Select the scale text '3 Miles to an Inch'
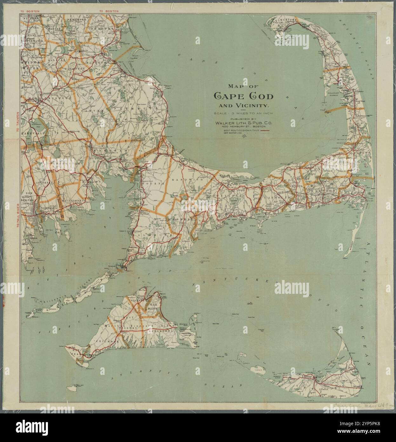pyautogui.click(x=243, y=114)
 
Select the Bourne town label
pyautogui.click(x=154, y=183)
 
